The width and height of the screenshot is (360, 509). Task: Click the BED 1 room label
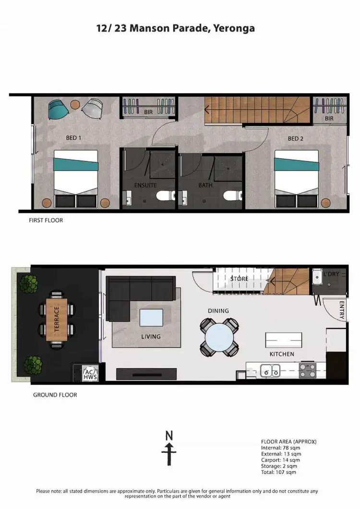[73, 138]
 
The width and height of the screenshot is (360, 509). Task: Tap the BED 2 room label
[296, 139]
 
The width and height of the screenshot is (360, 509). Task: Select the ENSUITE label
[145, 185]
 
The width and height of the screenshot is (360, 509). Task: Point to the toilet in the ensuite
[163, 195]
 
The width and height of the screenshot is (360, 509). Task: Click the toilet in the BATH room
[230, 195]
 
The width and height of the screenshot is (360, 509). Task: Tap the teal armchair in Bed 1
[59, 109]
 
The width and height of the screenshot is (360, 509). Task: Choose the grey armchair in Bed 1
[92, 108]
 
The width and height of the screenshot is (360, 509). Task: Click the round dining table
[219, 338]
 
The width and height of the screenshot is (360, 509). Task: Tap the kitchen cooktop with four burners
[307, 371]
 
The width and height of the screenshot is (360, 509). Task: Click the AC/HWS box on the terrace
[90, 374]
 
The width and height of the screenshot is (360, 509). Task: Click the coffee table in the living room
[151, 318]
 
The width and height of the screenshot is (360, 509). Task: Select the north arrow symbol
[169, 448]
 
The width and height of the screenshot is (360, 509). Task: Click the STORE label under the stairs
[239, 279]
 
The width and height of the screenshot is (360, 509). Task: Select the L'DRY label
[331, 273]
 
